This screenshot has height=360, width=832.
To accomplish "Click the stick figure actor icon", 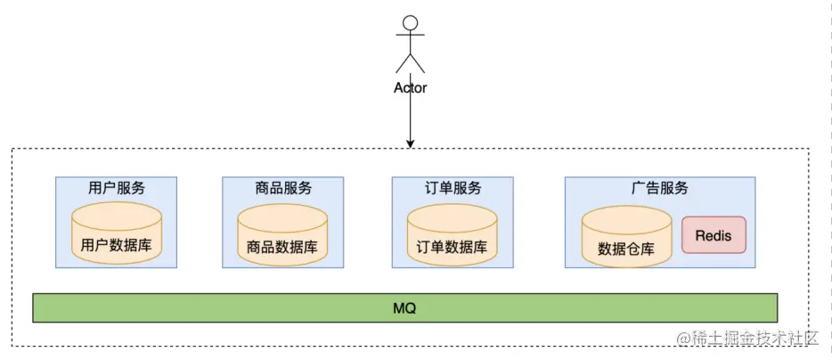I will point(410,45).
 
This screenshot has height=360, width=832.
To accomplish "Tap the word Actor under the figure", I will point(410,88).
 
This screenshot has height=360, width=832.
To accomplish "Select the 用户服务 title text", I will point(117,188).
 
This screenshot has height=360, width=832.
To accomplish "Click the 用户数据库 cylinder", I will point(117,233).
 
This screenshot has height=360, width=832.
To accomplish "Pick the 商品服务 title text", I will point(282,188).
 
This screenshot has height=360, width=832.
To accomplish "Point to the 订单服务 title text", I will point(452,188).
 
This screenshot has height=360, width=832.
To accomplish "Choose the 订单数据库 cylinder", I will point(452,234).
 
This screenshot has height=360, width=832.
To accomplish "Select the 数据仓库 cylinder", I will point(626,236).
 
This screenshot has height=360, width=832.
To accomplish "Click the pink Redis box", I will point(714,234).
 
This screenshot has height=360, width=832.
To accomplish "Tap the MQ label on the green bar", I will point(405,308).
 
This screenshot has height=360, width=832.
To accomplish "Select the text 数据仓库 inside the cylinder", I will point(626,249).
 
